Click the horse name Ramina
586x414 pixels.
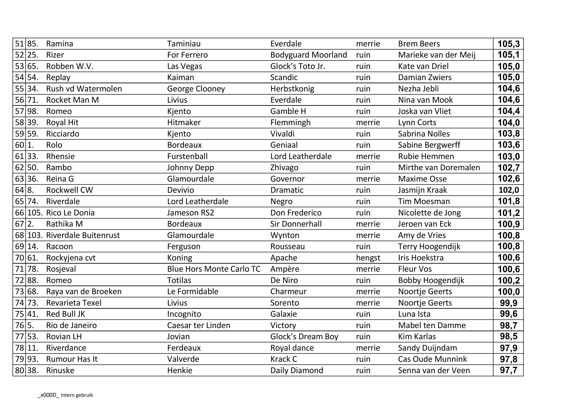click(x=59, y=44)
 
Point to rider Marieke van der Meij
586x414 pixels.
click(x=437, y=55)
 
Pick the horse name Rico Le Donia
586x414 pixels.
click(x=70, y=213)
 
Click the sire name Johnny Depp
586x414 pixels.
click(x=190, y=168)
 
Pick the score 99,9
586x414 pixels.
click(x=508, y=303)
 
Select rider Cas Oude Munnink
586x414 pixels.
click(x=432, y=359)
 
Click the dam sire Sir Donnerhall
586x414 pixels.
click(x=296, y=224)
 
